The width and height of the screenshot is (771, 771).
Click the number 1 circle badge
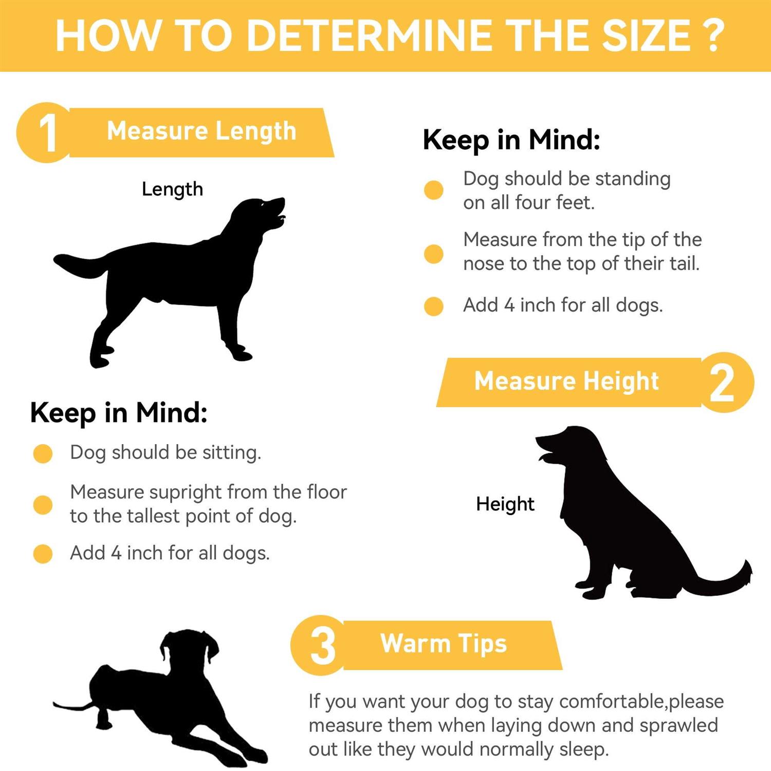click(x=46, y=133)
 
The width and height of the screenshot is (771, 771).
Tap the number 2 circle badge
click(x=724, y=382)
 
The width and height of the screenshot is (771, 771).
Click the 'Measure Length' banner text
click(x=201, y=131)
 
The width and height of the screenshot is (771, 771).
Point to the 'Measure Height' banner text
click(x=566, y=381)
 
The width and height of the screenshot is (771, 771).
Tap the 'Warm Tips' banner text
click(x=444, y=644)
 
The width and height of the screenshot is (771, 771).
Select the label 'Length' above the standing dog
click(x=172, y=190)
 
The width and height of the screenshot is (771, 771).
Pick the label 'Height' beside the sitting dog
click(x=505, y=504)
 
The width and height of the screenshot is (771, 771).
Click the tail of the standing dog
click(x=80, y=265)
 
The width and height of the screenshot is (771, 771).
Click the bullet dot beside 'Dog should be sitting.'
click(x=43, y=453)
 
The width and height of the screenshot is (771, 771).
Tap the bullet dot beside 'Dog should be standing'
click(x=434, y=190)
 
